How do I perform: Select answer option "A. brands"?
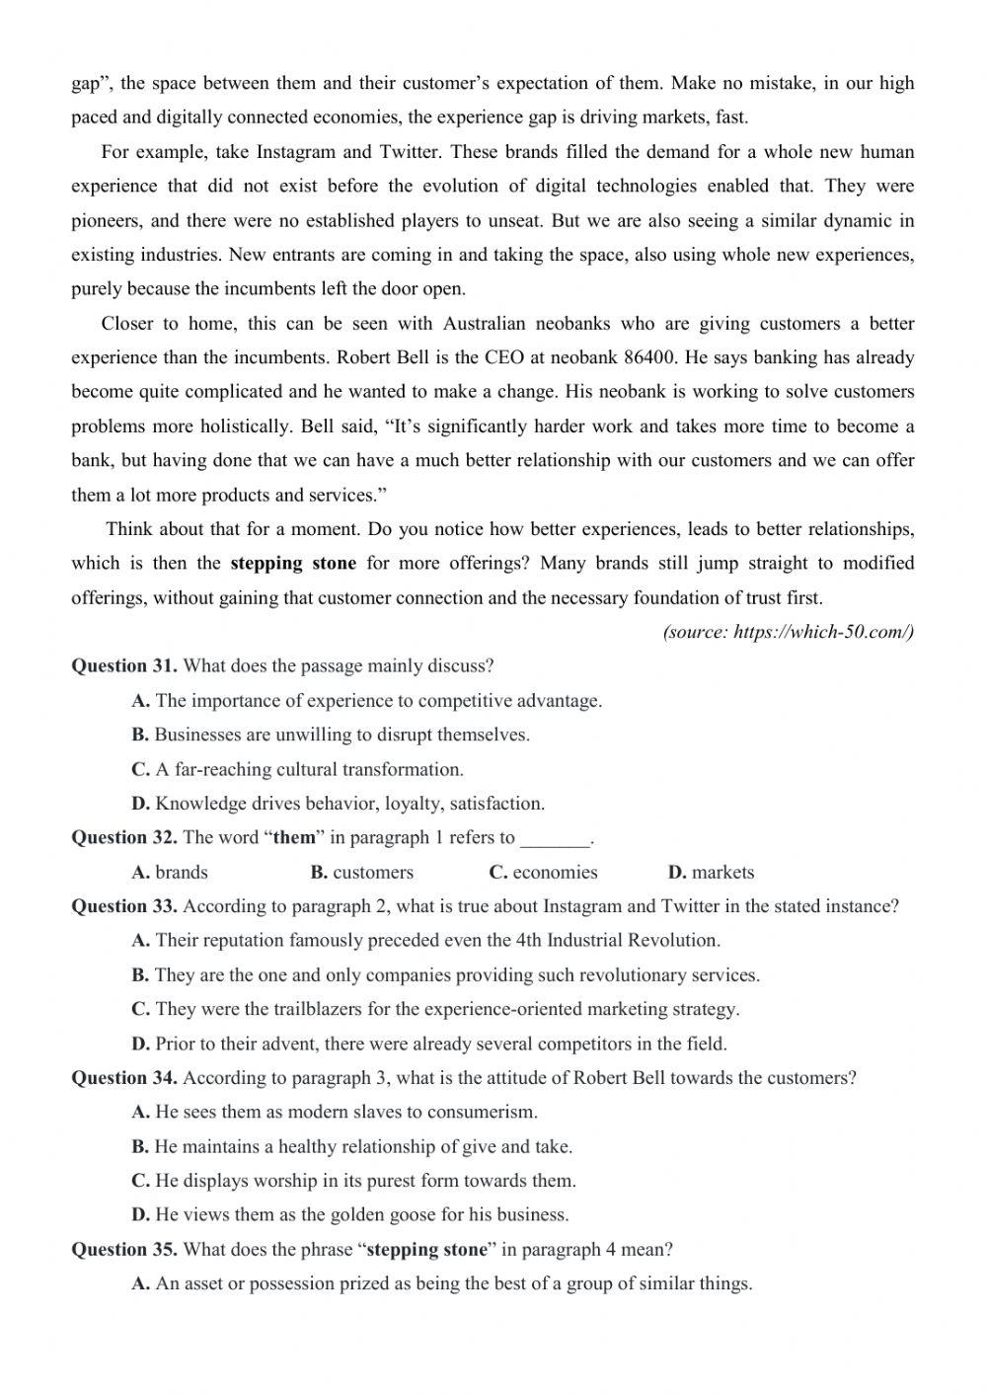tap(170, 873)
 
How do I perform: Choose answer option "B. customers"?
tap(362, 873)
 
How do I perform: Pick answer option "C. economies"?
tap(543, 873)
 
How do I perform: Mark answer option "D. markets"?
tap(711, 873)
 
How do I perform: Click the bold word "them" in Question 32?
tap(294, 838)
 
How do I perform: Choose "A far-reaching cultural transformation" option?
tap(297, 769)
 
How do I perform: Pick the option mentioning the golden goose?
tap(349, 1215)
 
